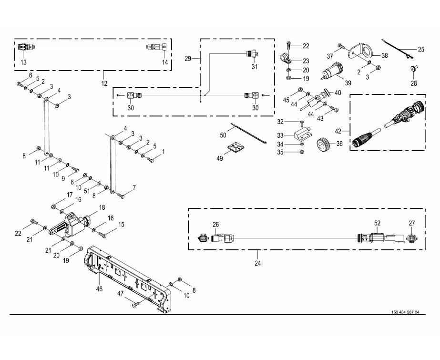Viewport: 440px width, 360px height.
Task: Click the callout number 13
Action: click(23, 62)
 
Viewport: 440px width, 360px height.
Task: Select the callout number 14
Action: click(165, 62)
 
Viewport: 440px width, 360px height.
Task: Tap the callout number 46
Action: click(99, 288)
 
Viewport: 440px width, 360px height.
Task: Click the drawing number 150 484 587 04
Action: click(405, 312)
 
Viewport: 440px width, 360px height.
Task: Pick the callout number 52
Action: click(378, 223)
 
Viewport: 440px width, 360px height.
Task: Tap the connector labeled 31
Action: click(251, 53)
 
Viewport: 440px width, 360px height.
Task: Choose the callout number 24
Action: click(257, 262)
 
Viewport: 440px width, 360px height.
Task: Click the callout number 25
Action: click(420, 49)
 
